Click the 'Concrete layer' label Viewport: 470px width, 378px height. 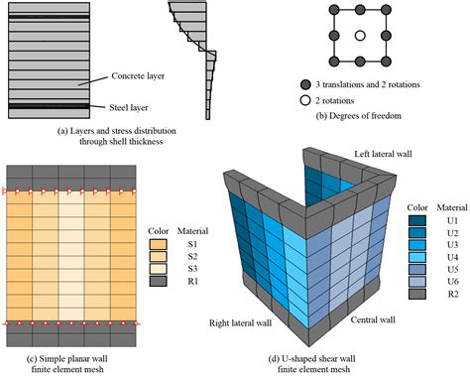(138, 75)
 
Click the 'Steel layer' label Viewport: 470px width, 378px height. (129, 107)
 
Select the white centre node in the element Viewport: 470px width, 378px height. (360, 36)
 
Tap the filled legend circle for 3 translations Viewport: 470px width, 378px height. (305, 85)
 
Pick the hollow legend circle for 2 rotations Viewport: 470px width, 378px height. (305, 100)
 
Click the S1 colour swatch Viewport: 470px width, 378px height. (158, 244)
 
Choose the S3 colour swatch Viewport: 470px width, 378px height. (158, 269)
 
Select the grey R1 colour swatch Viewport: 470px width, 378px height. (158, 281)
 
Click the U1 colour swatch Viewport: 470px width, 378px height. (417, 220)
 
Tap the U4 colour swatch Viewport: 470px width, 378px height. (417, 257)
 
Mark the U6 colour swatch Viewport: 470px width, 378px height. (417, 282)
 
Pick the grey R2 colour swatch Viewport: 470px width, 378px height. (417, 294)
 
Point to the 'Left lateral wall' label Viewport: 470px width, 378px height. (383, 154)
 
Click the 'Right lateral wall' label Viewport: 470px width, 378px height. (240, 322)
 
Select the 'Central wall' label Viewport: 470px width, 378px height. (373, 319)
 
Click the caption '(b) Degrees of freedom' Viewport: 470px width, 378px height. (359, 116)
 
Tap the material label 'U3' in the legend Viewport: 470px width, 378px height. (453, 245)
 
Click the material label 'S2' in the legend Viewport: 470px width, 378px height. (192, 256)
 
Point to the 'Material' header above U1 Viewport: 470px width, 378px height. (452, 207)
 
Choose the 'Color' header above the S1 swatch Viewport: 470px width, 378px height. (159, 231)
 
